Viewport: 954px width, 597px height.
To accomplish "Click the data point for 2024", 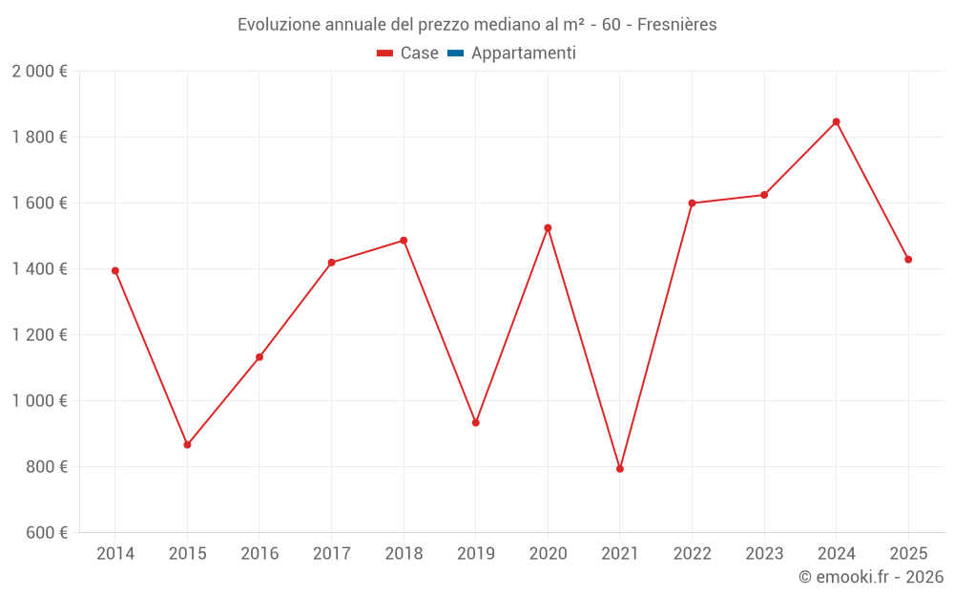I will pos(836,121).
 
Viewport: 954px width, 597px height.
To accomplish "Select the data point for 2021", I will pos(620,469).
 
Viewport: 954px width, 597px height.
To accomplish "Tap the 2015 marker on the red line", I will pos(187,445).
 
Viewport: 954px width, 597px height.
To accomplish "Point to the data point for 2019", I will pos(476,422).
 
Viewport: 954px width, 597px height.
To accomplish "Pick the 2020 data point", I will pos(548,228).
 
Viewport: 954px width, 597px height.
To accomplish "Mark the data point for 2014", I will pos(115,270).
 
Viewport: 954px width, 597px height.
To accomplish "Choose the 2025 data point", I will pos(908,260).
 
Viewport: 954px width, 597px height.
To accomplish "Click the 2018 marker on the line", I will pos(404,241).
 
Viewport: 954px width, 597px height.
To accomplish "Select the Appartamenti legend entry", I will pos(523,53).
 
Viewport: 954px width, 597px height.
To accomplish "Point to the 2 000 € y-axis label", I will pos(39,71).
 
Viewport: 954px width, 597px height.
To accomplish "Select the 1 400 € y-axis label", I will pos(39,269).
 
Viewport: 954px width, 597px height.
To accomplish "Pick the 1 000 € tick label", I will pos(39,401).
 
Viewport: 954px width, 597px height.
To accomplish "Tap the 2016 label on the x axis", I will pos(259,553).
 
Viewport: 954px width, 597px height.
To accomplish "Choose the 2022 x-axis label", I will pos(692,553).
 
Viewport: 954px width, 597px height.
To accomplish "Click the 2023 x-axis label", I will pos(764,553).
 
